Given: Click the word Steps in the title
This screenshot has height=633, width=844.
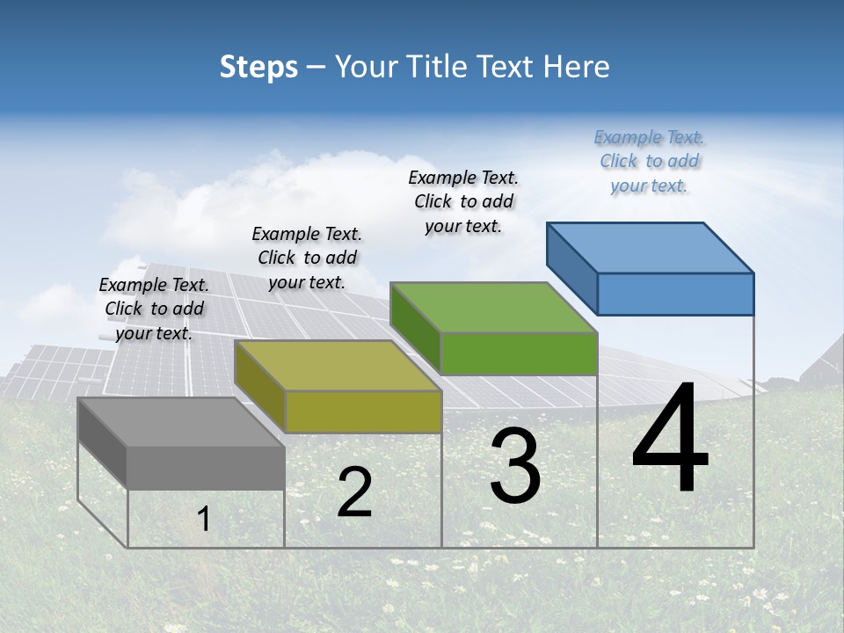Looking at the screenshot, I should point(258,67).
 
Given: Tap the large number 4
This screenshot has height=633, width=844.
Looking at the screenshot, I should point(670,440).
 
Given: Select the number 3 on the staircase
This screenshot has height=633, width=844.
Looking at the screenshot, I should point(515,466).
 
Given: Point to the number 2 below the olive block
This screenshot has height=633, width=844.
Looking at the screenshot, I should point(354,492).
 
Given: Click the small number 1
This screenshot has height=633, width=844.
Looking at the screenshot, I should point(203,520).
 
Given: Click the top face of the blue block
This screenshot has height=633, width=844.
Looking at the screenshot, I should point(651,247).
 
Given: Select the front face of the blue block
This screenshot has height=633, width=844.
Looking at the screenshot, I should point(675,294).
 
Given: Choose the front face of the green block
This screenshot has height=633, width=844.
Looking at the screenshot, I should point(519,353).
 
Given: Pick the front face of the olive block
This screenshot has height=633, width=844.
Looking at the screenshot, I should point(363,411).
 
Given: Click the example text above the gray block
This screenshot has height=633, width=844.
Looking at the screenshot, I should point(154,309).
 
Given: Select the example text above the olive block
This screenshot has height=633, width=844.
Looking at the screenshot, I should point(307,258).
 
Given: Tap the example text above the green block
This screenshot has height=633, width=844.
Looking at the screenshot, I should point(463,201).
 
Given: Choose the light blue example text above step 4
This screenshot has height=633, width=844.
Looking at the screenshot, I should point(649,161).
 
